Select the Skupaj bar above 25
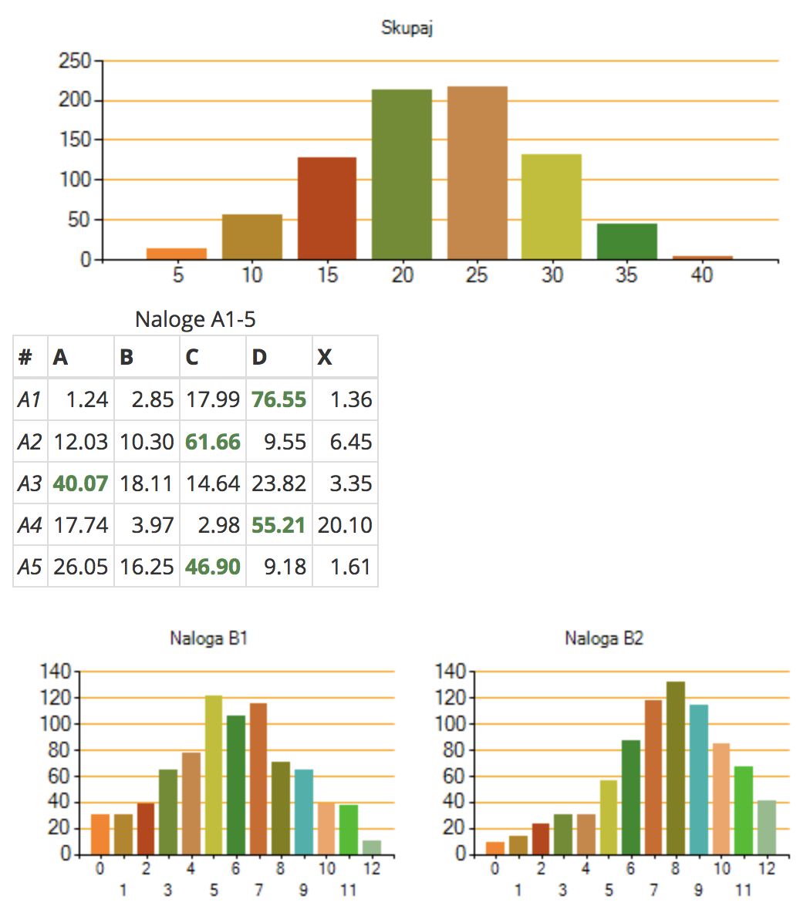[477, 173]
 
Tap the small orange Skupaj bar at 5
[177, 254]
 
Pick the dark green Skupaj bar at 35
[626, 241]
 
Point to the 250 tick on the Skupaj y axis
[75, 60]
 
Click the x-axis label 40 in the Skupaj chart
[701, 275]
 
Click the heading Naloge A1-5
[194, 319]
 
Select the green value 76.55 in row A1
[278, 399]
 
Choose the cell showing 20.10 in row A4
[345, 525]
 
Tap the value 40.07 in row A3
[80, 483]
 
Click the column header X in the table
[325, 357]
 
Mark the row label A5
[29, 567]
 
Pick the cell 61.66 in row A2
[213, 442]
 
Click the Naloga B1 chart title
[208, 638]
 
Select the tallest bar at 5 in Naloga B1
[214, 774]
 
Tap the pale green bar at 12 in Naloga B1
[372, 847]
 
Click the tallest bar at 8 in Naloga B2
[676, 767]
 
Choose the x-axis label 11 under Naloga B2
[743, 890]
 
